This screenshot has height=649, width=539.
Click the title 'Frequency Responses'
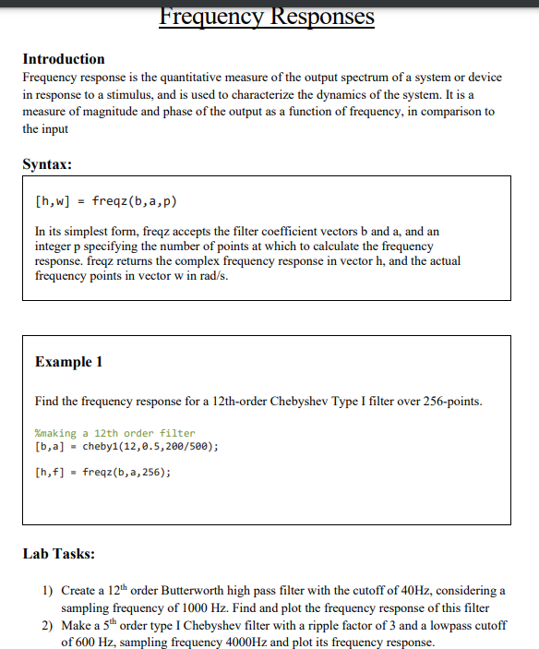[267, 16]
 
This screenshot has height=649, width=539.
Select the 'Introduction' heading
[64, 59]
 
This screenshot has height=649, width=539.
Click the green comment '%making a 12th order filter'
[114, 433]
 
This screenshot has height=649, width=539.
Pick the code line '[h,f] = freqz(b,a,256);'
[102, 472]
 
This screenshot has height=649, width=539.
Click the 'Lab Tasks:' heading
[59, 555]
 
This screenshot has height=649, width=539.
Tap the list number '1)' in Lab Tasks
[48, 590]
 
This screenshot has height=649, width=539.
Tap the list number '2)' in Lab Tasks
[48, 625]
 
